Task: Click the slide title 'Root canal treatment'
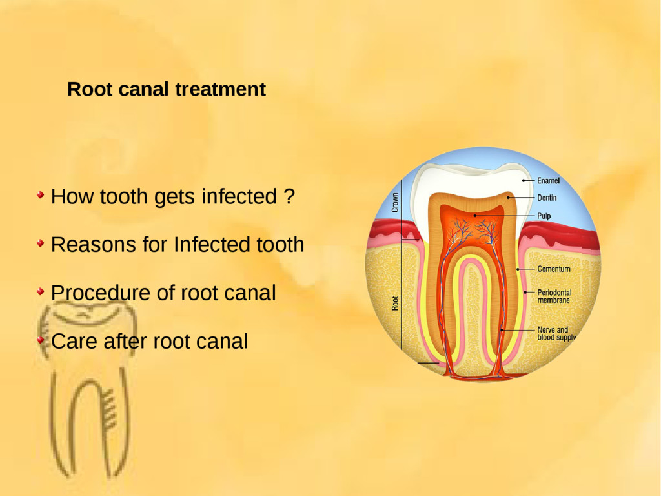pyautogui.click(x=166, y=89)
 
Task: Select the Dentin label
pyautogui.click(x=547, y=198)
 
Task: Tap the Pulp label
pyautogui.click(x=544, y=216)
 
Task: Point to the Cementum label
pyautogui.click(x=554, y=269)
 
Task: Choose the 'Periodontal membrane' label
pyautogui.click(x=554, y=296)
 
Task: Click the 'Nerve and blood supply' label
pyautogui.click(x=555, y=334)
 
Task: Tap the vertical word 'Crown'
pyautogui.click(x=395, y=203)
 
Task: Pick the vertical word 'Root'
pyautogui.click(x=395, y=303)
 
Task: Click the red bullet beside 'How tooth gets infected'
pyautogui.click(x=41, y=194)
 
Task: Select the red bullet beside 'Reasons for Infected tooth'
pyautogui.click(x=41, y=243)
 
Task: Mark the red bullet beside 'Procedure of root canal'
pyautogui.click(x=41, y=291)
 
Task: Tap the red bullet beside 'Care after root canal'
pyautogui.click(x=41, y=339)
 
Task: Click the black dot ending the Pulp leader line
pyautogui.click(x=475, y=215)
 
